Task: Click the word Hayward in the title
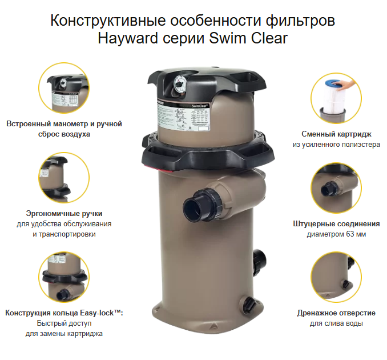[128, 38]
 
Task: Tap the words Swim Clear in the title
[248, 38]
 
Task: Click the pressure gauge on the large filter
[179, 85]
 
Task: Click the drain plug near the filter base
[248, 304]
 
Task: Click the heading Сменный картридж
[336, 134]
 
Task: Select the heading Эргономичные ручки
[64, 214]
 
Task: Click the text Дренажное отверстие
[336, 313]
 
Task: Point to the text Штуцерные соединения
[336, 224]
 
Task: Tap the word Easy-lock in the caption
[97, 313]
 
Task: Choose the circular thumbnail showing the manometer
[64, 88]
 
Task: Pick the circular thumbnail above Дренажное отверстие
[336, 277]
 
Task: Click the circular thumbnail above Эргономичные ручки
[64, 178]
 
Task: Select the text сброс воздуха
[64, 134]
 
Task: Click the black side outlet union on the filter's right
[260, 263]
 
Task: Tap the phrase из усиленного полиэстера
[336, 145]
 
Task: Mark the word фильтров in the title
[300, 20]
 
